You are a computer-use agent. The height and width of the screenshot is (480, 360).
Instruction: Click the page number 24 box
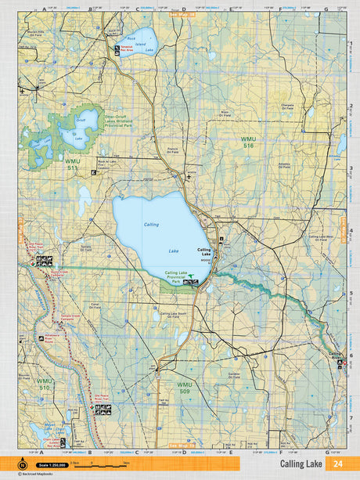337,464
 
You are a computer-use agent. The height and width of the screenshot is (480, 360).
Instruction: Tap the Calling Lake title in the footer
304,464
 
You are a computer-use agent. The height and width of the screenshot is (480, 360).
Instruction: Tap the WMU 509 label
184,388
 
